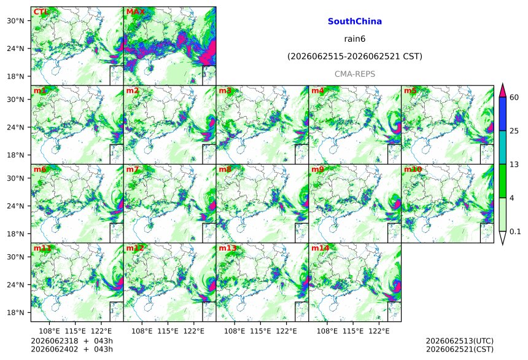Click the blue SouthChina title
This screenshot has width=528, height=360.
point(355,22)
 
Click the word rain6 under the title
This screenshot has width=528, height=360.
point(355,39)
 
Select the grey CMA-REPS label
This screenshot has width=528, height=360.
point(355,74)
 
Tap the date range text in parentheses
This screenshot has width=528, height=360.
point(355,57)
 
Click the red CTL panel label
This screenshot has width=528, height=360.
point(41,12)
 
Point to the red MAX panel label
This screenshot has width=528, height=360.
point(135,12)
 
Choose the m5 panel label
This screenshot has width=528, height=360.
point(410,91)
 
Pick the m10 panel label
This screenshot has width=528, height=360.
point(413,169)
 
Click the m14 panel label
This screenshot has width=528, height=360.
point(320,248)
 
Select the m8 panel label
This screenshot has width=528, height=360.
point(225,169)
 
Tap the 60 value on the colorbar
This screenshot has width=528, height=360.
point(514,98)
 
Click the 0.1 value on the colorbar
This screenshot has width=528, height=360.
point(515,232)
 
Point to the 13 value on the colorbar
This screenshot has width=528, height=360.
point(514,165)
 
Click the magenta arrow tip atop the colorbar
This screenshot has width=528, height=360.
point(502,84)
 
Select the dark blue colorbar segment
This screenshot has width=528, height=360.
point(502,114)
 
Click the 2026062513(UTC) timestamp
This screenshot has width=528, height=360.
point(460,341)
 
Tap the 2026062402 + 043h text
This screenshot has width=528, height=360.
point(72,349)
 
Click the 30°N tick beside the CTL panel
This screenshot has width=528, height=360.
point(15,21)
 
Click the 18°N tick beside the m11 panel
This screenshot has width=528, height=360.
point(15,313)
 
